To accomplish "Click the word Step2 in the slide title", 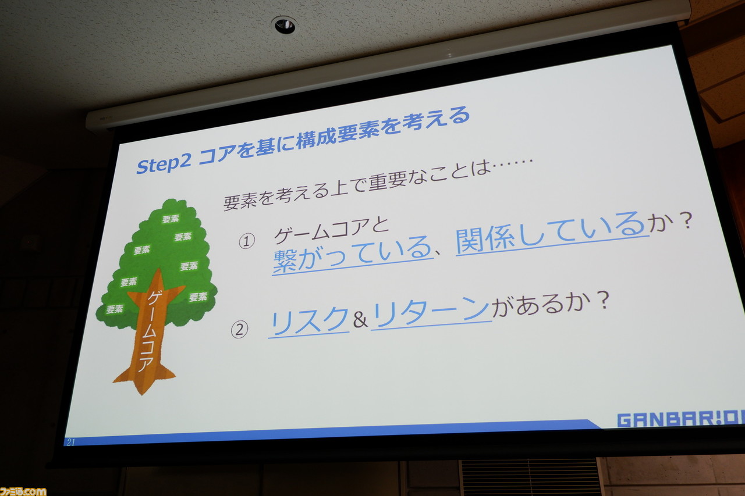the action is [164, 165].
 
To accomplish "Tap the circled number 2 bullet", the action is [239, 330].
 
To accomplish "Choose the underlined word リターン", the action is [431, 312].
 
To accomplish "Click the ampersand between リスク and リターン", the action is [360, 320].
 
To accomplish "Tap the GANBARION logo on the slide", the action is [681, 420].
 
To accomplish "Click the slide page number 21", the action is [71, 442].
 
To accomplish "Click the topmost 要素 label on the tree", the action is [171, 219].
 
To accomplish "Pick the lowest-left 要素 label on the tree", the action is [115, 309].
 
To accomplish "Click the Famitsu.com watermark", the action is [23, 491].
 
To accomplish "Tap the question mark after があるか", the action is [602, 301].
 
